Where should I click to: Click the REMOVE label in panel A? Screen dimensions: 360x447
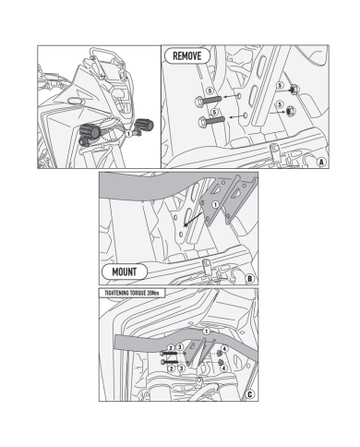pyautogui.click(x=187, y=56)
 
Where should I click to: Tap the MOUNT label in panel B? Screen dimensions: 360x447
pyautogui.click(x=125, y=272)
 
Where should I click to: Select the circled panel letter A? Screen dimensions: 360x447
pyautogui.click(x=321, y=162)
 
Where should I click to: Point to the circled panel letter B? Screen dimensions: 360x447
pyautogui.click(x=250, y=279)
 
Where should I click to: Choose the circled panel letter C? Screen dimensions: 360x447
pyautogui.click(x=250, y=394)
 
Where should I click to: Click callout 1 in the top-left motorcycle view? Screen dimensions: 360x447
pyautogui.click(x=128, y=134)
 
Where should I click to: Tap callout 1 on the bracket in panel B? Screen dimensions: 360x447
pyautogui.click(x=215, y=204)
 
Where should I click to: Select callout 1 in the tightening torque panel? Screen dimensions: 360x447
pyautogui.click(x=207, y=332)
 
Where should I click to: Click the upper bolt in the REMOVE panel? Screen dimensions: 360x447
pyautogui.click(x=208, y=101)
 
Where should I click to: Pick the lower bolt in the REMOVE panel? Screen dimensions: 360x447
pyautogui.click(x=211, y=121)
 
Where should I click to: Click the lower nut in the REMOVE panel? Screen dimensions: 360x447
pyautogui.click(x=290, y=111)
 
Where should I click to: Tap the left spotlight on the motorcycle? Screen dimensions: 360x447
pyautogui.click(x=90, y=133)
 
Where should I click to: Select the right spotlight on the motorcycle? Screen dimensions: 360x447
pyautogui.click(x=144, y=125)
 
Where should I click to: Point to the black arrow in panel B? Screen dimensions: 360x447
pyautogui.click(x=193, y=219)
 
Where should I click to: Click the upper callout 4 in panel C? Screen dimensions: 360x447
pyautogui.click(x=224, y=349)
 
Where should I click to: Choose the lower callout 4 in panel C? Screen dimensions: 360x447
pyautogui.click(x=224, y=368)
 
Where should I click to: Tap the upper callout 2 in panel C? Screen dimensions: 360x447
pyautogui.click(x=172, y=348)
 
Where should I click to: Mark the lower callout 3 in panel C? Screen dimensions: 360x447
pyautogui.click(x=181, y=368)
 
